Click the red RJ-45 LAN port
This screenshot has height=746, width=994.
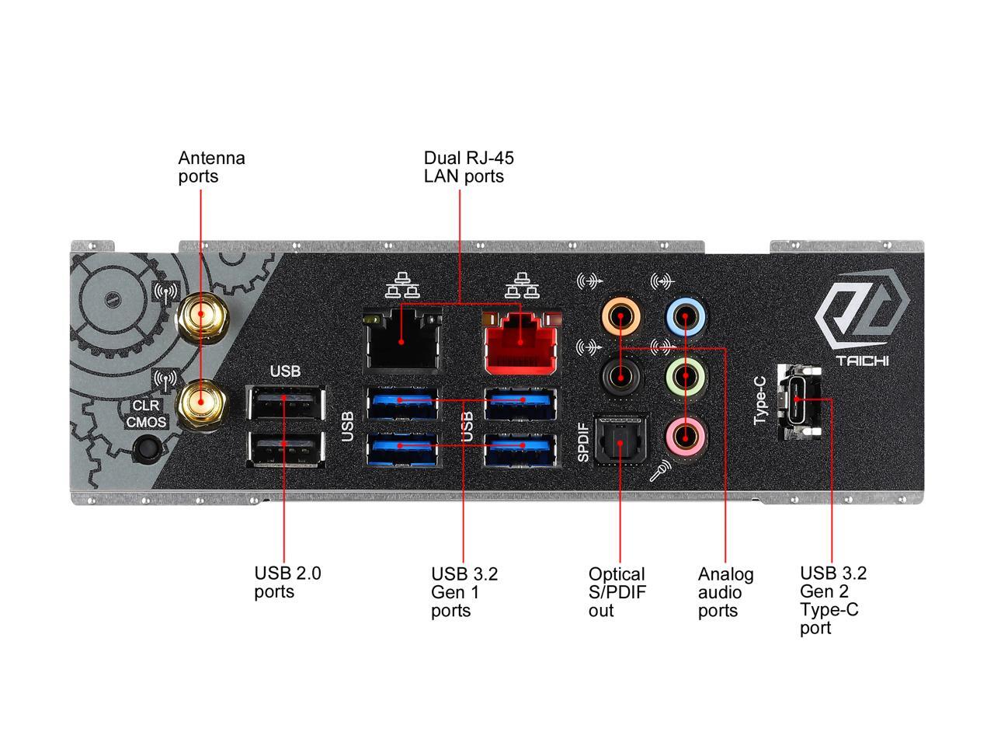[521, 343]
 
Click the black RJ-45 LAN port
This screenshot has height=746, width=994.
[401, 341]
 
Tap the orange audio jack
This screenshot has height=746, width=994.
[622, 316]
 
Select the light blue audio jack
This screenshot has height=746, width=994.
[686, 316]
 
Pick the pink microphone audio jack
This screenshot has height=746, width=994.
[686, 438]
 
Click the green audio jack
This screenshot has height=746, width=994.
[686, 377]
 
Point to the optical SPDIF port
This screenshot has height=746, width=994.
[620, 441]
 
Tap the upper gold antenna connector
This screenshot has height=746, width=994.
[200, 316]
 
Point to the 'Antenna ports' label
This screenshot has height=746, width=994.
[211, 167]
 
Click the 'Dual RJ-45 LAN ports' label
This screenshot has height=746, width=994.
[468, 167]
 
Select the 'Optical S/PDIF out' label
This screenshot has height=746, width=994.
[617, 592]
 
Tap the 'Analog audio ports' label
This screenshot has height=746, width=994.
[725, 592]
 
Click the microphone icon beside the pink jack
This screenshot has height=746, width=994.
[661, 470]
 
